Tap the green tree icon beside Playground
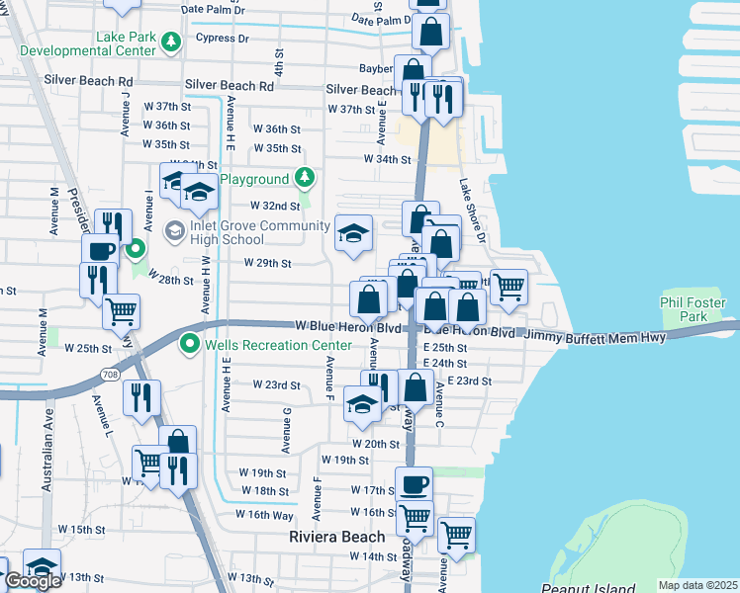pyautogui.click(x=306, y=179)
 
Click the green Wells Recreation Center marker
pyautogui.click(x=189, y=344)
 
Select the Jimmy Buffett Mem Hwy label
pyautogui.click(x=595, y=336)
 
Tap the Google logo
pyautogui.click(x=33, y=581)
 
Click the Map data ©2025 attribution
pyautogui.click(x=697, y=585)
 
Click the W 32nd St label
pyautogui.click(x=274, y=206)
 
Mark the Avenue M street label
pyautogui.click(x=43, y=332)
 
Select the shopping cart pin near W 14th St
pyautogui.click(x=456, y=535)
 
